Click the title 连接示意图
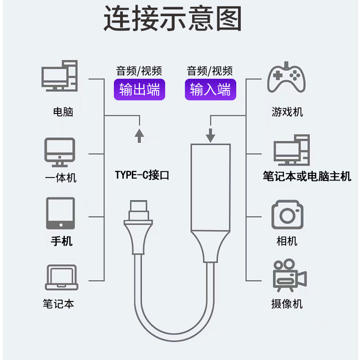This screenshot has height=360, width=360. pos(173,19)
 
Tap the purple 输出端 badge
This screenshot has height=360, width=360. pos(139,90)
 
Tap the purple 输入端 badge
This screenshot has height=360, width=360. pos(210,90)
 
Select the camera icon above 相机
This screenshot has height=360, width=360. pos(287,216)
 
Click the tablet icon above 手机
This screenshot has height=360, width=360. pos(60,213)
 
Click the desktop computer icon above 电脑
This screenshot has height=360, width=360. pos(59,76)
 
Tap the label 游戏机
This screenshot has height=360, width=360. pos(287,112)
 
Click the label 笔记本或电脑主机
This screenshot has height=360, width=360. pos(307,176)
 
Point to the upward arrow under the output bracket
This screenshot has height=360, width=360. pos(139,134)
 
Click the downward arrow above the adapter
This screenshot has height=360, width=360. pos(211,134)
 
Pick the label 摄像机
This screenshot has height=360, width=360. pos(287,304)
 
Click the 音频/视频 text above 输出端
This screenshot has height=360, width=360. pos(139,71)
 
